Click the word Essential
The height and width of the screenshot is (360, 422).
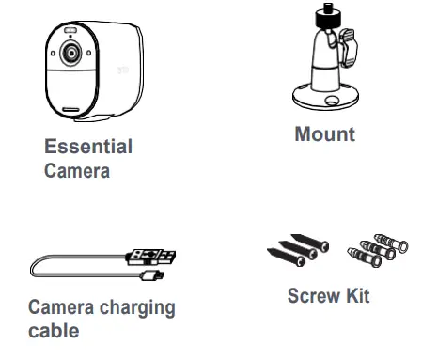coord(88,147)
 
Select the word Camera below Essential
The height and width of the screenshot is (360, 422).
coord(77,171)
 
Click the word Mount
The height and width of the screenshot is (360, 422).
coord(325,133)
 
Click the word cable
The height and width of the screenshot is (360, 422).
coord(54,331)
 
